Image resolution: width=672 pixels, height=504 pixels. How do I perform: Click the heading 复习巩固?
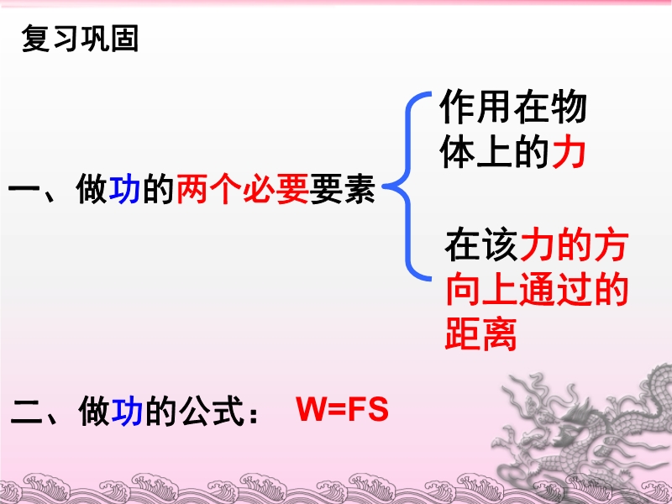tap(80, 39)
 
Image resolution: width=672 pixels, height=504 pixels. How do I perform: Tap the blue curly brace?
tap(407, 186)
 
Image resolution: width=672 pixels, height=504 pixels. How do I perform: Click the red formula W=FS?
tap(342, 409)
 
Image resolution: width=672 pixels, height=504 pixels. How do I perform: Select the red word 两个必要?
tap(242, 188)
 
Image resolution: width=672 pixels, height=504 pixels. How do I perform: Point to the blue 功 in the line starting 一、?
tap(124, 188)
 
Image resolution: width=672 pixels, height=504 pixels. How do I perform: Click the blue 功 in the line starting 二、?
tap(127, 412)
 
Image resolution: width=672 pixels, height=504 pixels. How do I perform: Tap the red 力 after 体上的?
tap(570, 153)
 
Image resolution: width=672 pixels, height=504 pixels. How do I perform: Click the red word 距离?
tap(480, 333)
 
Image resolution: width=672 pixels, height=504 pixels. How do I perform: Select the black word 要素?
tap(342, 188)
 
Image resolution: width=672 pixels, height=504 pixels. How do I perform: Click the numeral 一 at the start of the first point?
tap(24, 189)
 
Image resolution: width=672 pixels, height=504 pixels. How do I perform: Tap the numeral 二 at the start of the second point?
tap(27, 412)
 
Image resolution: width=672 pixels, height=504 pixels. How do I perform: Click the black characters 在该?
tap(481, 245)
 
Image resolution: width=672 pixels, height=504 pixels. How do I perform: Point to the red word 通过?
tap(554, 289)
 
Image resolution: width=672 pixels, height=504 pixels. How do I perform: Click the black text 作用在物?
tap(512, 108)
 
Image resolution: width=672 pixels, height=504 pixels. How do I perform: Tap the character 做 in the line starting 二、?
tap(94, 412)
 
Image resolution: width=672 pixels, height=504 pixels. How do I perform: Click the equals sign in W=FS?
tap(339, 410)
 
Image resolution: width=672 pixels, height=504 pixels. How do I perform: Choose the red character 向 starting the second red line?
tap(463, 289)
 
